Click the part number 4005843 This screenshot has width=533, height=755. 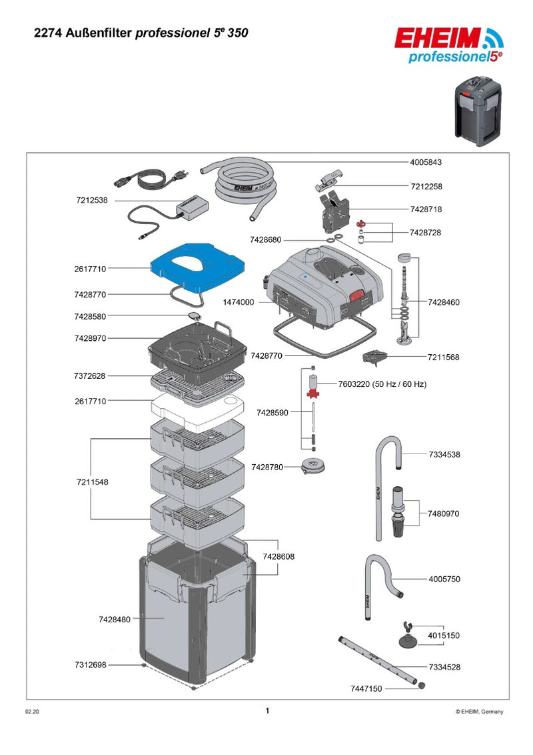coord(426,161)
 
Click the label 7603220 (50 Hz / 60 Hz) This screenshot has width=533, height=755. coord(382,384)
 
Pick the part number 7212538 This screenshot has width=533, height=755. coord(91,200)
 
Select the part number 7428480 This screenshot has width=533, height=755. coord(115,620)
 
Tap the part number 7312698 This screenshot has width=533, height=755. coord(91,665)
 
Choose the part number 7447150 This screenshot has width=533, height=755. coord(366,688)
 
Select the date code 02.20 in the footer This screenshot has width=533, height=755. coord(32,712)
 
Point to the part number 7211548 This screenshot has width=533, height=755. coord(91,481)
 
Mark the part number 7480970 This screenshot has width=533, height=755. coord(444,514)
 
